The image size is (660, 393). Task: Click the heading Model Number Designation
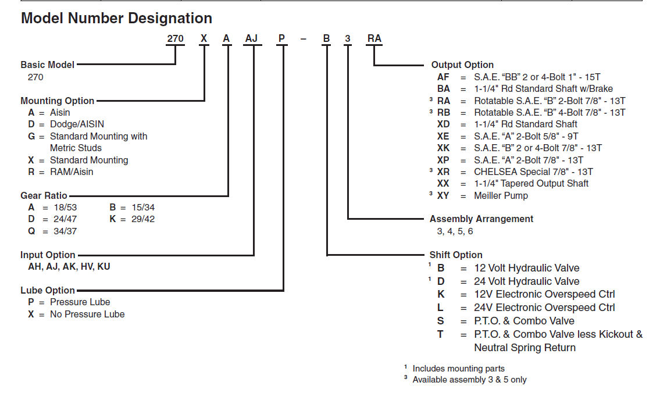pos(116,18)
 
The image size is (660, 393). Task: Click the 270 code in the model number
pos(175,39)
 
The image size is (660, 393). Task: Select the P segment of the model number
pos(282,39)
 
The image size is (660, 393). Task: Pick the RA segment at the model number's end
pos(374,39)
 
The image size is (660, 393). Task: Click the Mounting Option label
pos(57,101)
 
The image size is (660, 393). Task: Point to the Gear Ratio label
pos(44,196)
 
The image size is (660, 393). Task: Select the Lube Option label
pos(48,290)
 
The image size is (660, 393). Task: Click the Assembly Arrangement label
pos(481,219)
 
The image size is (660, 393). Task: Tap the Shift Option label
pos(456,255)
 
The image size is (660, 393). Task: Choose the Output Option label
pos(462,65)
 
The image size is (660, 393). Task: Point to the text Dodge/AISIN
pos(77,124)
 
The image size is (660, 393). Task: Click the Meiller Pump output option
pos(501,195)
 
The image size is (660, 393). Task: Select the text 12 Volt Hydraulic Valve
pos(527,268)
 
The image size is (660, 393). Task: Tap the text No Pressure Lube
pos(87,314)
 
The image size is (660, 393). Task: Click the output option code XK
pos(443,148)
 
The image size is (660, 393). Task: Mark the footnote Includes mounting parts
pos(458,368)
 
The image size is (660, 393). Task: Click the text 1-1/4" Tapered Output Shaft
pos(531,183)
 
